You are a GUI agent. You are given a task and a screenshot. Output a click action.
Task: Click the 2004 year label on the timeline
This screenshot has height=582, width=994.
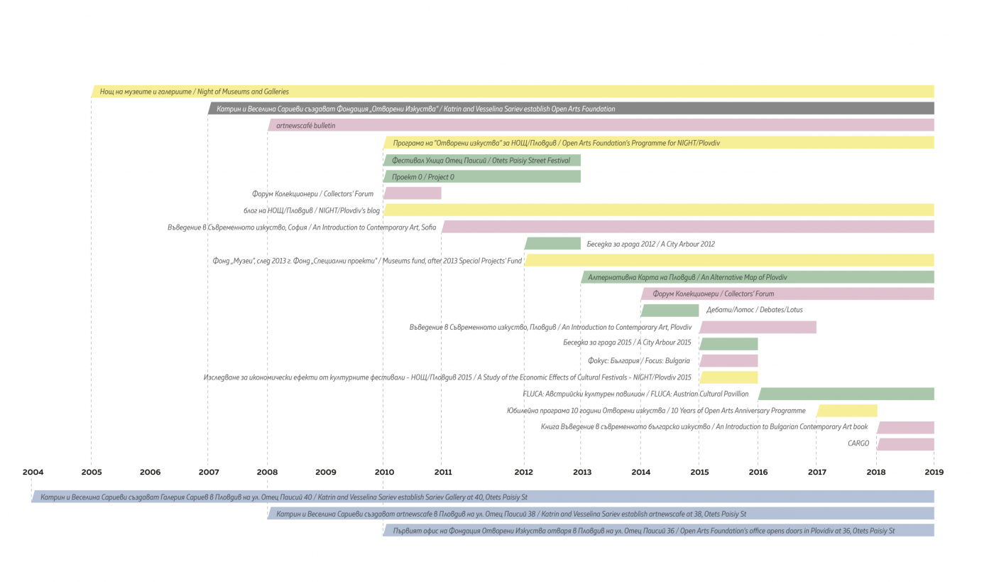pos(33,472)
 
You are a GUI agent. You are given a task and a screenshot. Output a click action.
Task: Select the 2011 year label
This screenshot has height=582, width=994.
pos(443,472)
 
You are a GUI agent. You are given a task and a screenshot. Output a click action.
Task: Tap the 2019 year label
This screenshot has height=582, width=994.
pos(934,472)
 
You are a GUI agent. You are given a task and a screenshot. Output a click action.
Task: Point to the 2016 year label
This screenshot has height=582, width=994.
pos(758,472)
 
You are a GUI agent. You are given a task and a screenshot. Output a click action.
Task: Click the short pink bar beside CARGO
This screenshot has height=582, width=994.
pos(906,444)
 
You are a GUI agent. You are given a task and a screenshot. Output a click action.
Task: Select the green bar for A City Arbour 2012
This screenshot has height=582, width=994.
pos(552,244)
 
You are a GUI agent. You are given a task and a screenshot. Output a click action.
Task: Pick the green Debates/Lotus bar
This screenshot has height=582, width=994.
pos(670,310)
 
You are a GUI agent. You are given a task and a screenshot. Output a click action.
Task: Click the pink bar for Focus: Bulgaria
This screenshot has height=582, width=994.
pos(728,360)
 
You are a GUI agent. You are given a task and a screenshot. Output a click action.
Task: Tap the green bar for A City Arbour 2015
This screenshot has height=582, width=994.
pos(728,343)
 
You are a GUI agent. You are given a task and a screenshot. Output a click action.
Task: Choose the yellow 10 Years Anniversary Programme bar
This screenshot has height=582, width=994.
pos(846,411)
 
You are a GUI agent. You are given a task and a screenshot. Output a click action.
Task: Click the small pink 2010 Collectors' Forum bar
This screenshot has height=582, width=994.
pos(413,193)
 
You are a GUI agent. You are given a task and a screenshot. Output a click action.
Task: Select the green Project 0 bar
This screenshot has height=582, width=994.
pos(482,176)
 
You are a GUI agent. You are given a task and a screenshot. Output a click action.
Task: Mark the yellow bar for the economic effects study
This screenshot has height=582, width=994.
pos(728,377)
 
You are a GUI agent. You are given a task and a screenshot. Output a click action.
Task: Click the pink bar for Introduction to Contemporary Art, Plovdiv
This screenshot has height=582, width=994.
pos(758,327)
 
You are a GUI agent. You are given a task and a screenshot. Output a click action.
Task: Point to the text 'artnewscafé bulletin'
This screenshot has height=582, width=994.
pos(306,126)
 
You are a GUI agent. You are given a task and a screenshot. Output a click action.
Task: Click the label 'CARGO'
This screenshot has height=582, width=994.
pos(858,443)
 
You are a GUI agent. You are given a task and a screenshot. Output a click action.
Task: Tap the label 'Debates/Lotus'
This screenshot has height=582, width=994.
pos(754,310)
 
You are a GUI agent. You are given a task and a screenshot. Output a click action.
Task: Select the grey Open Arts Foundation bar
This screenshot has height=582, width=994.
pos(571,109)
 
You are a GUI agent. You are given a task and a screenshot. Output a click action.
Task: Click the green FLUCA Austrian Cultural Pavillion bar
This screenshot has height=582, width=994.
pos(846,394)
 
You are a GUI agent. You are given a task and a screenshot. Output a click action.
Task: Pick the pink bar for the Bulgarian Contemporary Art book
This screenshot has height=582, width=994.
pos(906,427)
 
